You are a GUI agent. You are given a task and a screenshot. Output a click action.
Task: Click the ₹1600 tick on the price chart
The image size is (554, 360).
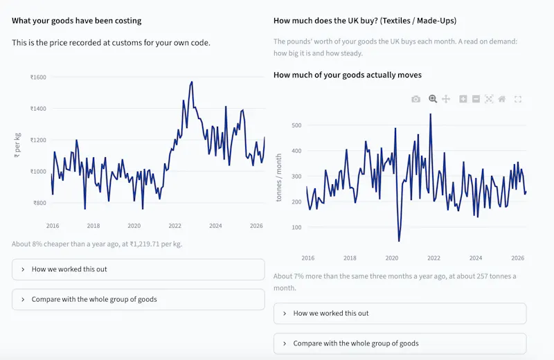pos(38,78)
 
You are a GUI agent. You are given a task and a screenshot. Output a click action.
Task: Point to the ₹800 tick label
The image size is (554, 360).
pos(39,203)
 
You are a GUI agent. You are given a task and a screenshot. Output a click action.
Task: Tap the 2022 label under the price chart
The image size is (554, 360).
pos(175,226)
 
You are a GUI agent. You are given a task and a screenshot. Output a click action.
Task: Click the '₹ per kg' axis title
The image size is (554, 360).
pos(17,145)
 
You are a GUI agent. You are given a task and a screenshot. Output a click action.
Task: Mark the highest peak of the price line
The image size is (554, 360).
pos(192,82)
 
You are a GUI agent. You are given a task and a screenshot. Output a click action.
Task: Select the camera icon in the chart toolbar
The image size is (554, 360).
pos(416,99)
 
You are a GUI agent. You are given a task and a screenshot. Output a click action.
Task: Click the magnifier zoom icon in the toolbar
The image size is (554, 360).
pos(432,99)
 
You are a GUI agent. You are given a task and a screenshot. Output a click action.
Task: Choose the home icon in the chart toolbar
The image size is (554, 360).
pos(501,99)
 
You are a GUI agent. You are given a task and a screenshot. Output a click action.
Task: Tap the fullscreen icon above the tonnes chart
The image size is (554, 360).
pos(518,99)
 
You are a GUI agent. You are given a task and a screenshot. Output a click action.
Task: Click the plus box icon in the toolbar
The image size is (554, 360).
pos(463,99)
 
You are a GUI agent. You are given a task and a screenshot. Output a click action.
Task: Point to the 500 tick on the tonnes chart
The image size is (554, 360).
pos(296,125)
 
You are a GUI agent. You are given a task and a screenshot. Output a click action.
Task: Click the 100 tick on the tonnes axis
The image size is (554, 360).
pos(296,228)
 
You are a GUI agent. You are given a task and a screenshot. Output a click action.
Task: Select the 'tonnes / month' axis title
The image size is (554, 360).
pos(279,177)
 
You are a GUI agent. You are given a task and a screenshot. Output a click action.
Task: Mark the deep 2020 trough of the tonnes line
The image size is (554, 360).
pos(399,241)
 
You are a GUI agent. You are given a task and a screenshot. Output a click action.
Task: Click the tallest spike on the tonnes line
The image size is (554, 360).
pos(430,114)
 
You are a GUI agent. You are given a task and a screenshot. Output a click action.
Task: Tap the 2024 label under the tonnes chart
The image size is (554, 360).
pos(476,258)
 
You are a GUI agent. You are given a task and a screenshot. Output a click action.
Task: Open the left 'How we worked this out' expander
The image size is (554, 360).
pos(138,269)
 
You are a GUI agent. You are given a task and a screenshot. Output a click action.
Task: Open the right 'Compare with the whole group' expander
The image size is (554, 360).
pos(400,344)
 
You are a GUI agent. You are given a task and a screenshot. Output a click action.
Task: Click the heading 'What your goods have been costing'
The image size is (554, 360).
pos(77,21)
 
